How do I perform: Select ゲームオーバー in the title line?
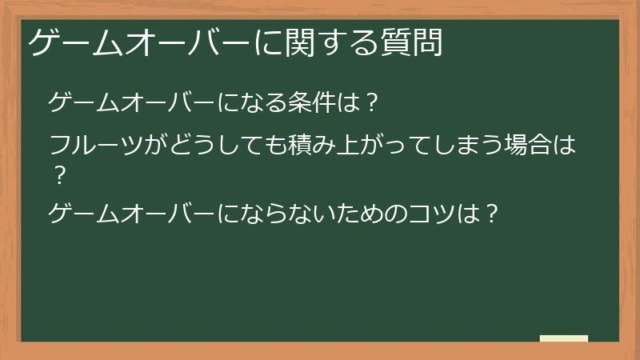[141, 42]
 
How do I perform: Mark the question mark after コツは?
[493, 214]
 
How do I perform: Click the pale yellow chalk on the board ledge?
[564, 338]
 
